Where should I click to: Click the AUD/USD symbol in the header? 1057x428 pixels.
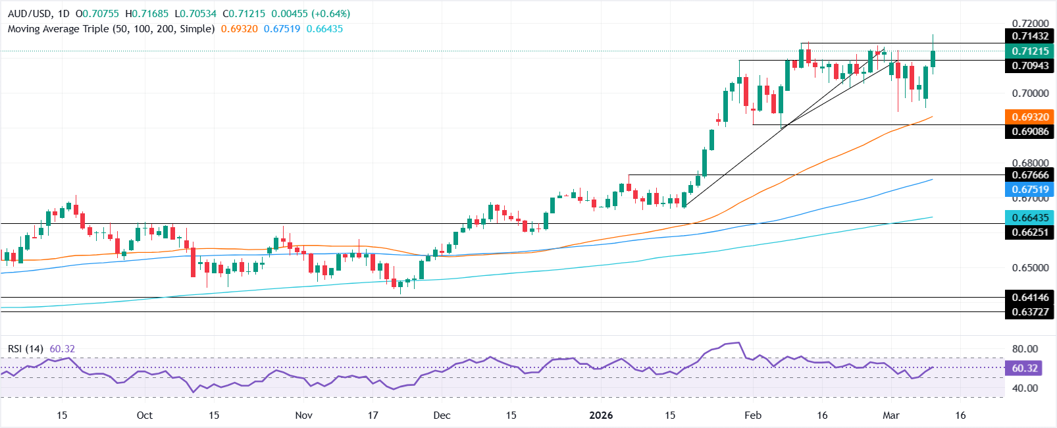click(x=30, y=14)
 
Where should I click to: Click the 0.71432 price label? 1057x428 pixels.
click(x=1030, y=36)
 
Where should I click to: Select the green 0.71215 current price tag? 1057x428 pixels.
click(x=1030, y=51)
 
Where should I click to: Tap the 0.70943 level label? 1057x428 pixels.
click(x=1030, y=65)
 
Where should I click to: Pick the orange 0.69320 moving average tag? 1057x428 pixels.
click(x=1030, y=117)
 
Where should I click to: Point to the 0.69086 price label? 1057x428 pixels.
click(x=1030, y=132)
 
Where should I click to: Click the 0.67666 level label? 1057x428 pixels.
click(x=1030, y=174)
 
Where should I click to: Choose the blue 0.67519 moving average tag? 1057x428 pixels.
click(x=1030, y=190)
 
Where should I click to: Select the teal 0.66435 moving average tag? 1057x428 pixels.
click(x=1030, y=217)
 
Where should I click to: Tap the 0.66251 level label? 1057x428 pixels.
click(x=1030, y=232)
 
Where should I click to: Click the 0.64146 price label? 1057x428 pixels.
click(x=1030, y=297)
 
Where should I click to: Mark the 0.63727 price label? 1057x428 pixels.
click(x=1030, y=311)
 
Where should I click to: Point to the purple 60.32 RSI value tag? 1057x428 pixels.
click(x=1024, y=368)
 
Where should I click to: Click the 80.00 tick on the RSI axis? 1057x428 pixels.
click(x=1024, y=349)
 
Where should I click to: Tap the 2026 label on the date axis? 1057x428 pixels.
click(x=601, y=415)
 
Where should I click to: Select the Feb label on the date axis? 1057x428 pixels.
click(x=752, y=415)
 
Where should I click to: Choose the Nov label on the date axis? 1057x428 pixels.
click(x=303, y=415)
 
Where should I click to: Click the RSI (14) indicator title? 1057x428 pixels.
click(x=26, y=348)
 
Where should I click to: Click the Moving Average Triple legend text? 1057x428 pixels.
click(x=111, y=29)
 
